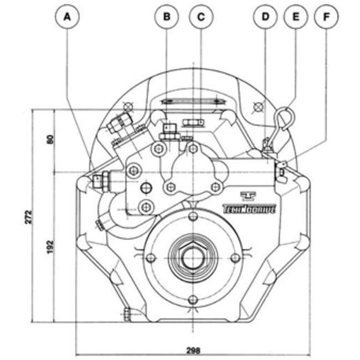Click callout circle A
(x=68, y=17)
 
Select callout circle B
(x=166, y=17)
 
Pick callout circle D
(x=265, y=17)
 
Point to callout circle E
(x=296, y=17)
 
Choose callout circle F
(x=327, y=17)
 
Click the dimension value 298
(x=194, y=350)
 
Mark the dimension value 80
(x=50, y=140)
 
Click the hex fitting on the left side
(x=100, y=179)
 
